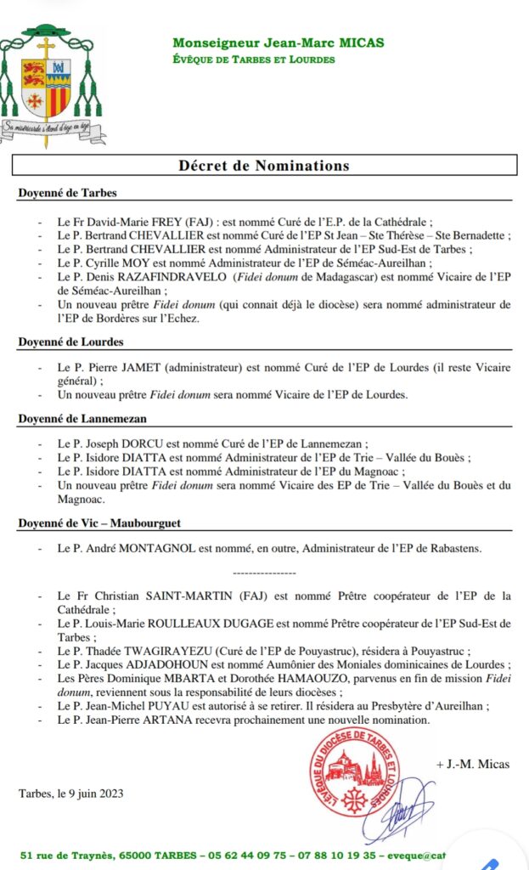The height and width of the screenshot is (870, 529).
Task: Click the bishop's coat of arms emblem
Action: click(51, 85)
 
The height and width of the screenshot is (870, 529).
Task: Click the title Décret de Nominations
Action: click(264, 165)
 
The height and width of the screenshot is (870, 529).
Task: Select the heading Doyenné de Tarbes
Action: click(67, 193)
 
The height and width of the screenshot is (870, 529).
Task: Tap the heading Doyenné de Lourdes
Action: click(70, 342)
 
